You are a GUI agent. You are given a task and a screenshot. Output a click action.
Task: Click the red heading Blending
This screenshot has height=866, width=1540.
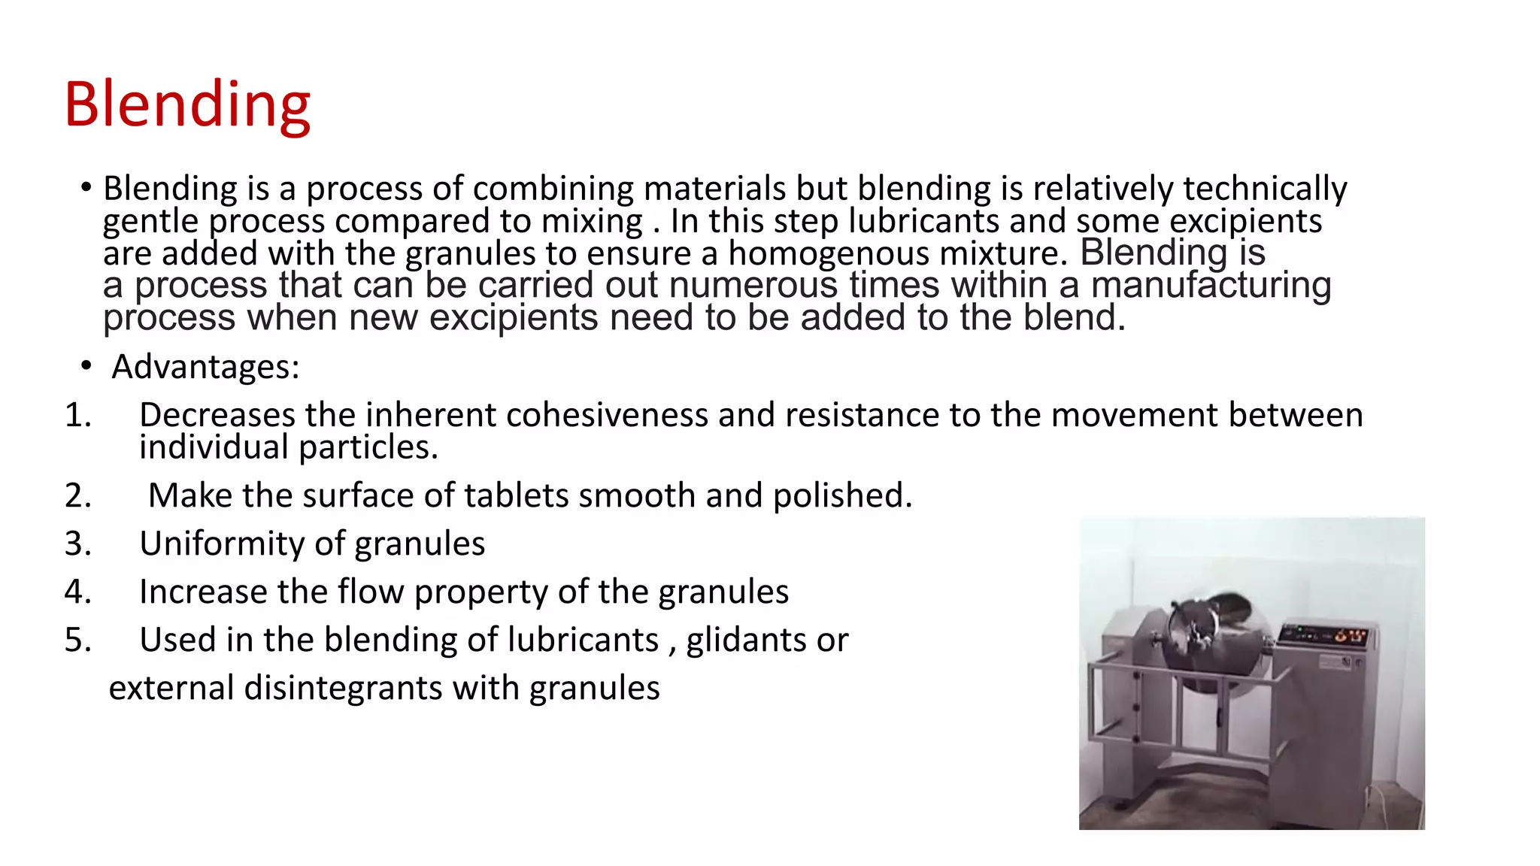(187, 104)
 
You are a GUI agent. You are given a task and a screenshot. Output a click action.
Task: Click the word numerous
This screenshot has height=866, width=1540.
(753, 286)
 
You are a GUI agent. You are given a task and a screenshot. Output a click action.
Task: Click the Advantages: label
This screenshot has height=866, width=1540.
(205, 367)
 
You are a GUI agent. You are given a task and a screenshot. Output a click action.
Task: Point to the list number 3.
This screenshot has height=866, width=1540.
(77, 544)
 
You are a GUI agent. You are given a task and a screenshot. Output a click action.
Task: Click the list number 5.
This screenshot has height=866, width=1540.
(77, 640)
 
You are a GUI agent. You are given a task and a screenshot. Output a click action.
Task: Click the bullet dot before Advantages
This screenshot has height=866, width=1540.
(86, 366)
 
